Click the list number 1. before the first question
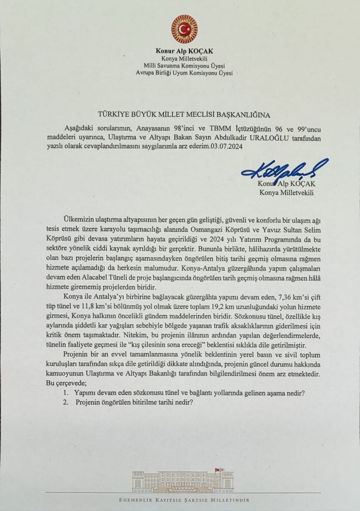(x=65, y=393)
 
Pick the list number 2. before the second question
(x=65, y=402)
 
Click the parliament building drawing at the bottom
(x=181, y=480)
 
